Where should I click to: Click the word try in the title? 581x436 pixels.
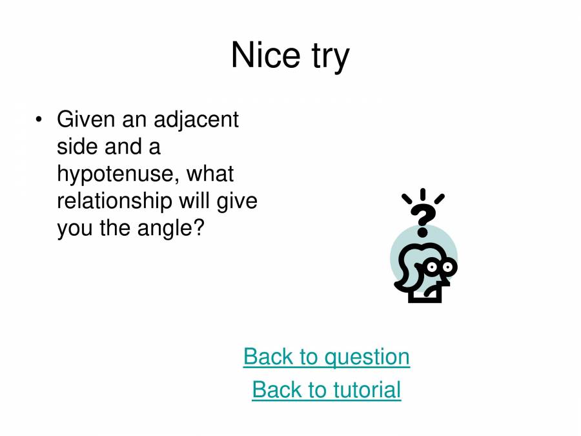point(328,57)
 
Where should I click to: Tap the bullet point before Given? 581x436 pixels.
point(40,119)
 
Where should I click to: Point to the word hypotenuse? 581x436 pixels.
point(114,174)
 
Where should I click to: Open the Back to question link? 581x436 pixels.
point(326,357)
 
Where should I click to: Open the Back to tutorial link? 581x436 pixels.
point(326,390)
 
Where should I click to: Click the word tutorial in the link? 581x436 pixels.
point(367,390)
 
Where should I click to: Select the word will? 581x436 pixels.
point(194,201)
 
